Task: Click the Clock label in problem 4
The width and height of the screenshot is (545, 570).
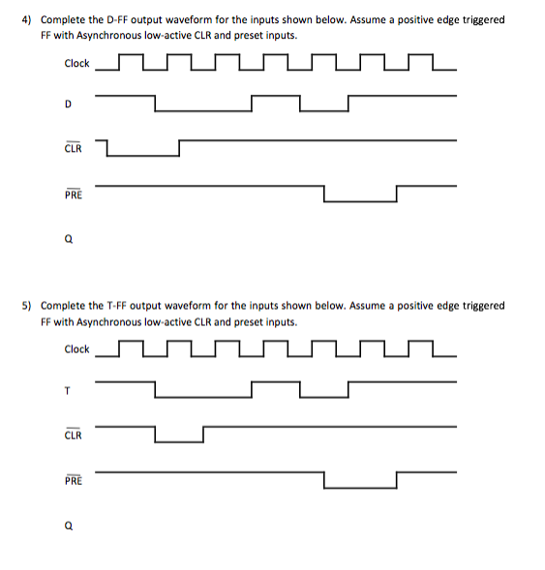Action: coord(76,64)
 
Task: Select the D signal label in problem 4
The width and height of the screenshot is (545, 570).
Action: coord(68,103)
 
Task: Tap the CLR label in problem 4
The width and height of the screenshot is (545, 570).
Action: coord(73,149)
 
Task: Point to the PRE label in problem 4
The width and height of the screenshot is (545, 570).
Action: coord(73,195)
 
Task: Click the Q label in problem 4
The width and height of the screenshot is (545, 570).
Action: coord(69,241)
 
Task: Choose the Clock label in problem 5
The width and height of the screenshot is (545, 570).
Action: coord(76,349)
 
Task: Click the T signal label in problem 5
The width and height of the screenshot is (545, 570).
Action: coord(68,389)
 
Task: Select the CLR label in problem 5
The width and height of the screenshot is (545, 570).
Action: coord(73,435)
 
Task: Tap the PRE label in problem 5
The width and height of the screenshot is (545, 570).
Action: coord(73,480)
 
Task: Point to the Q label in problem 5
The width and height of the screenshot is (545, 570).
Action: coord(69,526)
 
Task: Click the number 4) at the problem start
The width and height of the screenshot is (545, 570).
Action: coord(29,19)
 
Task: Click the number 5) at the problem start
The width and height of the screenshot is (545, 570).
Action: coord(29,305)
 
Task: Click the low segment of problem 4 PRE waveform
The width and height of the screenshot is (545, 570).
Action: coord(360,201)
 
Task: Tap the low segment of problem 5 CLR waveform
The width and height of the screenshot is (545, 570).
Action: coord(178,441)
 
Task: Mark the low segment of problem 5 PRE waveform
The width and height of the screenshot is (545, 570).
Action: coord(360,487)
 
